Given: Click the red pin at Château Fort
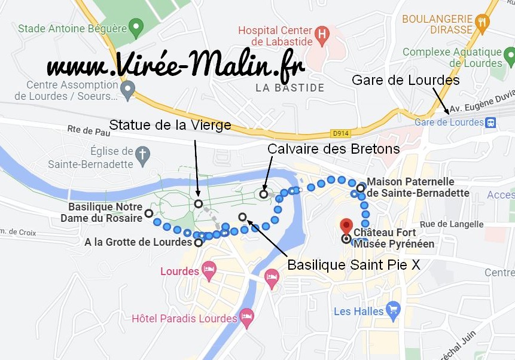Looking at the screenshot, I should pos(346,227).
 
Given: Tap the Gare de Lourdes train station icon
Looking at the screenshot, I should pos(491,123).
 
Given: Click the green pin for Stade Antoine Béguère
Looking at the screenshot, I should pos(136,27).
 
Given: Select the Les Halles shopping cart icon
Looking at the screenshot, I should pos(393,310).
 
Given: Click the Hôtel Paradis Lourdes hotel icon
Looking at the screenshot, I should pos(246,317).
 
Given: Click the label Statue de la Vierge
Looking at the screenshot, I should pos(169,125).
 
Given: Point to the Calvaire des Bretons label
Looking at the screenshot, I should pos(333,149).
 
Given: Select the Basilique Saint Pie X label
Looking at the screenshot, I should pos(354,264).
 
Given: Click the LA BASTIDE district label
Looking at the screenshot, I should pos(290,88).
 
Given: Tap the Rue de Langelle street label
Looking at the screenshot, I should pos(452,224).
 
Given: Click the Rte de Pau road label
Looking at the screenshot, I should pos(89,129).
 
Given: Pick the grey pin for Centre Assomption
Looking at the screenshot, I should pos(127,90).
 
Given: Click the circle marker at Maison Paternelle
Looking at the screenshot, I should pos(361,188).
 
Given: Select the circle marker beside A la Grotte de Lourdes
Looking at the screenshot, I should pos(198,243).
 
